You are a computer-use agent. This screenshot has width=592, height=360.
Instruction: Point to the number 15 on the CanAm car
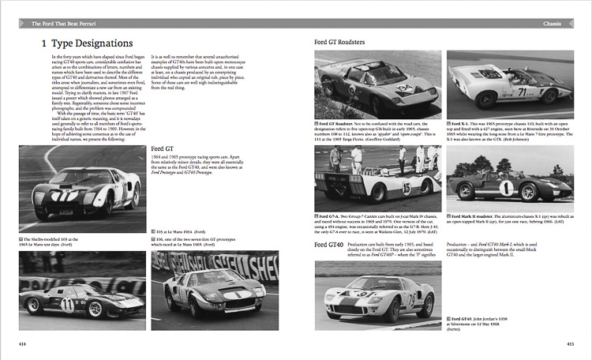coord(407,189)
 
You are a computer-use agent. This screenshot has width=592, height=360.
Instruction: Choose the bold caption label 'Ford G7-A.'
coord(332,216)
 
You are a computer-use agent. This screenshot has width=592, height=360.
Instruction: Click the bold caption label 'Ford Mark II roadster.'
coord(477,216)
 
